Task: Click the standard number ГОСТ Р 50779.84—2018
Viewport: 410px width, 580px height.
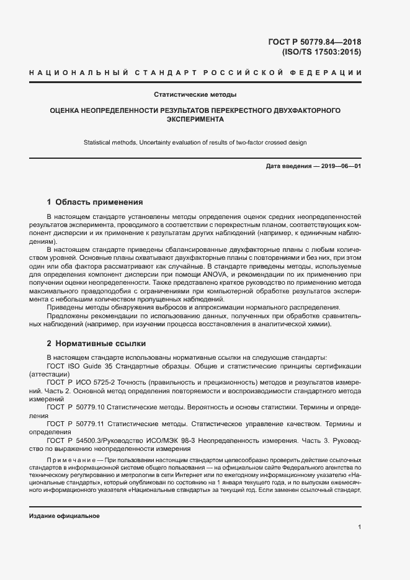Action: [x=314, y=42]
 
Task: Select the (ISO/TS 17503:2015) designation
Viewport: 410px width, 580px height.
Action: [x=321, y=52]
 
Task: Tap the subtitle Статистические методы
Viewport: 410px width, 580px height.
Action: [x=195, y=95]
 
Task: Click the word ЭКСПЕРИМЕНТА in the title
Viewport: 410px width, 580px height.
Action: [x=195, y=119]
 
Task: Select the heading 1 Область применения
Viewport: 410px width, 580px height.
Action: [x=95, y=202]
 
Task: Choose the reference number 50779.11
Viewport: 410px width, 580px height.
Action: [x=96, y=424]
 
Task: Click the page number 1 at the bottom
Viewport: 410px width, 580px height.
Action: [x=359, y=527]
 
